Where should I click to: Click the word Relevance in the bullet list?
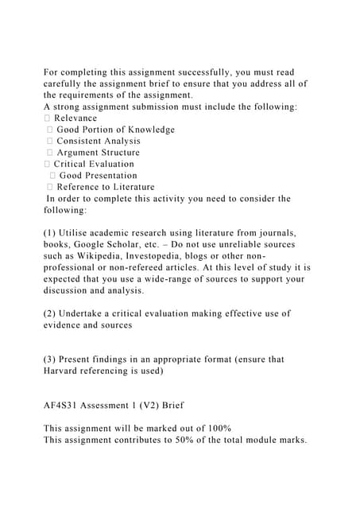(x=75, y=118)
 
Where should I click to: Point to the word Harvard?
(x=64, y=371)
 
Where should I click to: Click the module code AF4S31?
(x=62, y=405)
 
